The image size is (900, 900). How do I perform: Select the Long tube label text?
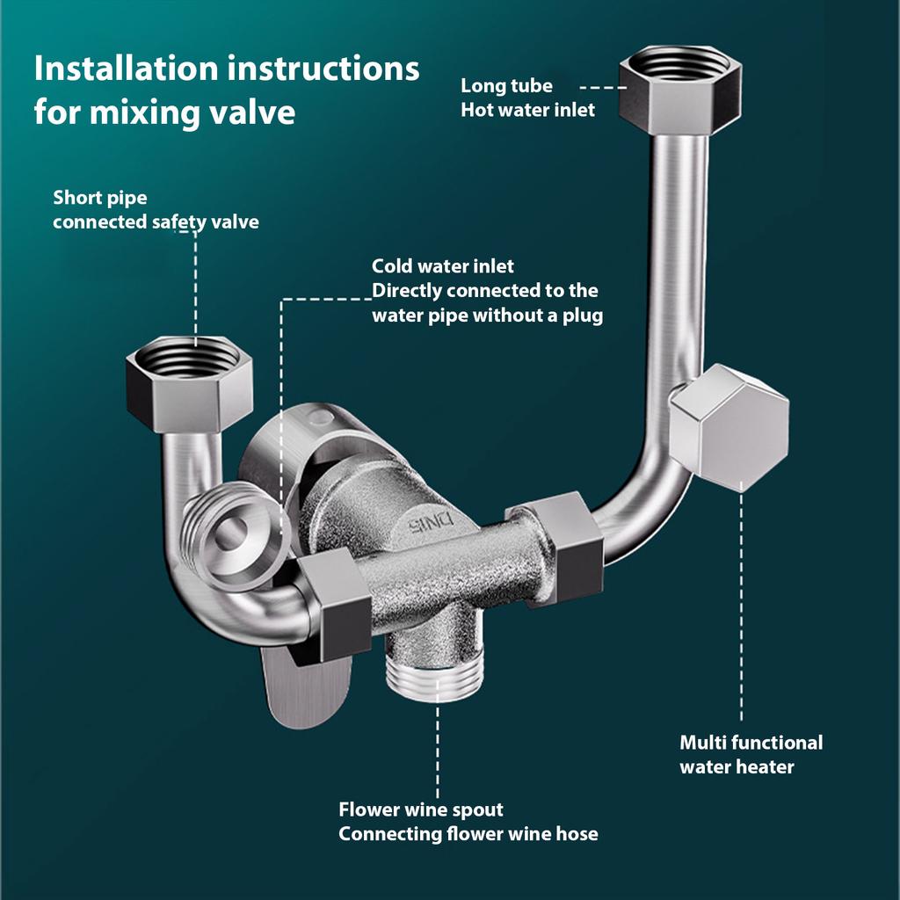click(506, 86)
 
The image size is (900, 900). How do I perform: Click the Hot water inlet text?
click(527, 110)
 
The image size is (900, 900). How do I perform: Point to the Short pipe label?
click(100, 197)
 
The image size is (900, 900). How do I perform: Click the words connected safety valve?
click(156, 221)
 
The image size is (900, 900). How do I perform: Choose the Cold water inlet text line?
click(443, 265)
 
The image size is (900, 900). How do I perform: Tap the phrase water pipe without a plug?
click(487, 315)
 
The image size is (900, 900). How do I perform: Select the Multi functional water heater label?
click(751, 754)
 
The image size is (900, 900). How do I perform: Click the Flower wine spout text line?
click(421, 809)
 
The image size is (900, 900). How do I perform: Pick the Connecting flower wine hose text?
click(468, 833)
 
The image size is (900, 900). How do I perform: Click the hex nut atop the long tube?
click(675, 86)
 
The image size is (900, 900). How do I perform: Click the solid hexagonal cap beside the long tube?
click(729, 424)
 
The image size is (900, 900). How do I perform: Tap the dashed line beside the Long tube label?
click(600, 88)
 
